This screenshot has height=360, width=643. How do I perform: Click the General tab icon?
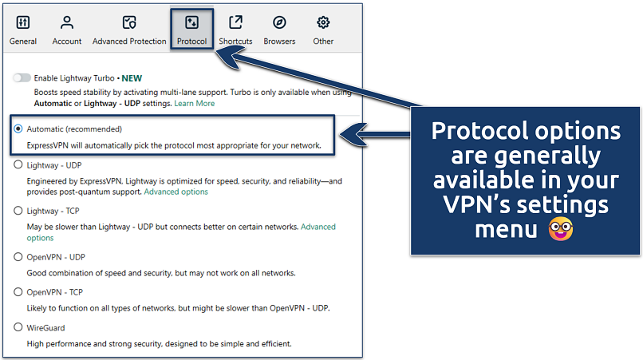point(23,22)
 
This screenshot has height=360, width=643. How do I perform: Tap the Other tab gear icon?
point(323,22)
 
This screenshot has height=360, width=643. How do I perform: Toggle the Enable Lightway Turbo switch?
point(22,78)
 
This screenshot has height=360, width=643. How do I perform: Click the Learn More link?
point(195,103)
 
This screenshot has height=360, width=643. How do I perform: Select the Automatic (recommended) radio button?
point(18,129)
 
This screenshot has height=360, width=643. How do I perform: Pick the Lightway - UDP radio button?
point(18,165)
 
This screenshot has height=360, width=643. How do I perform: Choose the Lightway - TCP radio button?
point(18,211)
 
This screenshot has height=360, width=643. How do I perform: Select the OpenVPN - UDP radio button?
point(18,257)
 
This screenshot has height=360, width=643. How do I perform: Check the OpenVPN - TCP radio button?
point(18,292)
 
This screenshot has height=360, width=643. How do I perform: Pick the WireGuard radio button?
point(18,327)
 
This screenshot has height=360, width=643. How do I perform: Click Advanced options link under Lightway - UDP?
point(176,192)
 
